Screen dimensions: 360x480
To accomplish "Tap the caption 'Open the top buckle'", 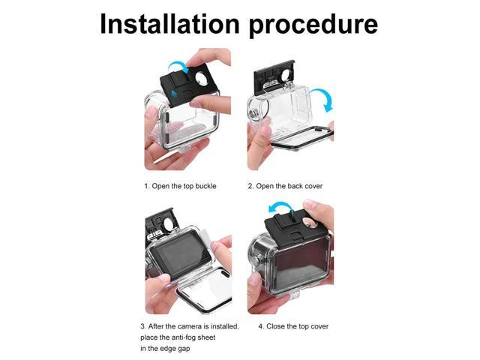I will (184, 185).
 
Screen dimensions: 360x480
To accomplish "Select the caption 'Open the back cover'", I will (289, 185).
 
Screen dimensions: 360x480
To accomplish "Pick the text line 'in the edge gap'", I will (169, 349).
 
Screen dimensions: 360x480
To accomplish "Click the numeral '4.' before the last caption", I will (262, 326).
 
